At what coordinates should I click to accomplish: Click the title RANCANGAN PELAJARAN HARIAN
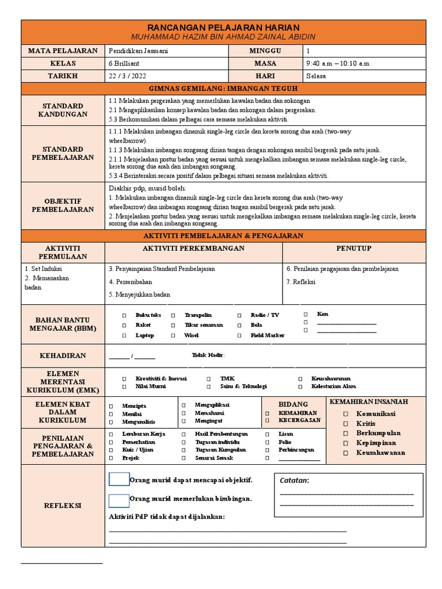coord(224,28)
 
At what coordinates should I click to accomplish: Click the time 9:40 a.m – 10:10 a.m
coord(338,63)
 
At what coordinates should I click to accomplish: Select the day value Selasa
coord(316,76)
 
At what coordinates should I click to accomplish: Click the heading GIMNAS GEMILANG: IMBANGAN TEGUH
coord(224,89)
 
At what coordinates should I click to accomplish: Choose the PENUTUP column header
coord(353,248)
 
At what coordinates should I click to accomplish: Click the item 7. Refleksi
coord(300,282)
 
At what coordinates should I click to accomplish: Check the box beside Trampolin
coord(173,316)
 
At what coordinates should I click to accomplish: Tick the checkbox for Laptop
coord(124,336)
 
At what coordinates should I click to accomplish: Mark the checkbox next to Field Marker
coord(239,336)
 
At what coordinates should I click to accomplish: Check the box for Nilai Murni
coord(124,388)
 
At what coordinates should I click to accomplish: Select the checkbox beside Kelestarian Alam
coord(300,388)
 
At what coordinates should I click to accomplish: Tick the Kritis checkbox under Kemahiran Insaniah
coord(345,423)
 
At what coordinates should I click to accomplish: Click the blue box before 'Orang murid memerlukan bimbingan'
coord(119,500)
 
